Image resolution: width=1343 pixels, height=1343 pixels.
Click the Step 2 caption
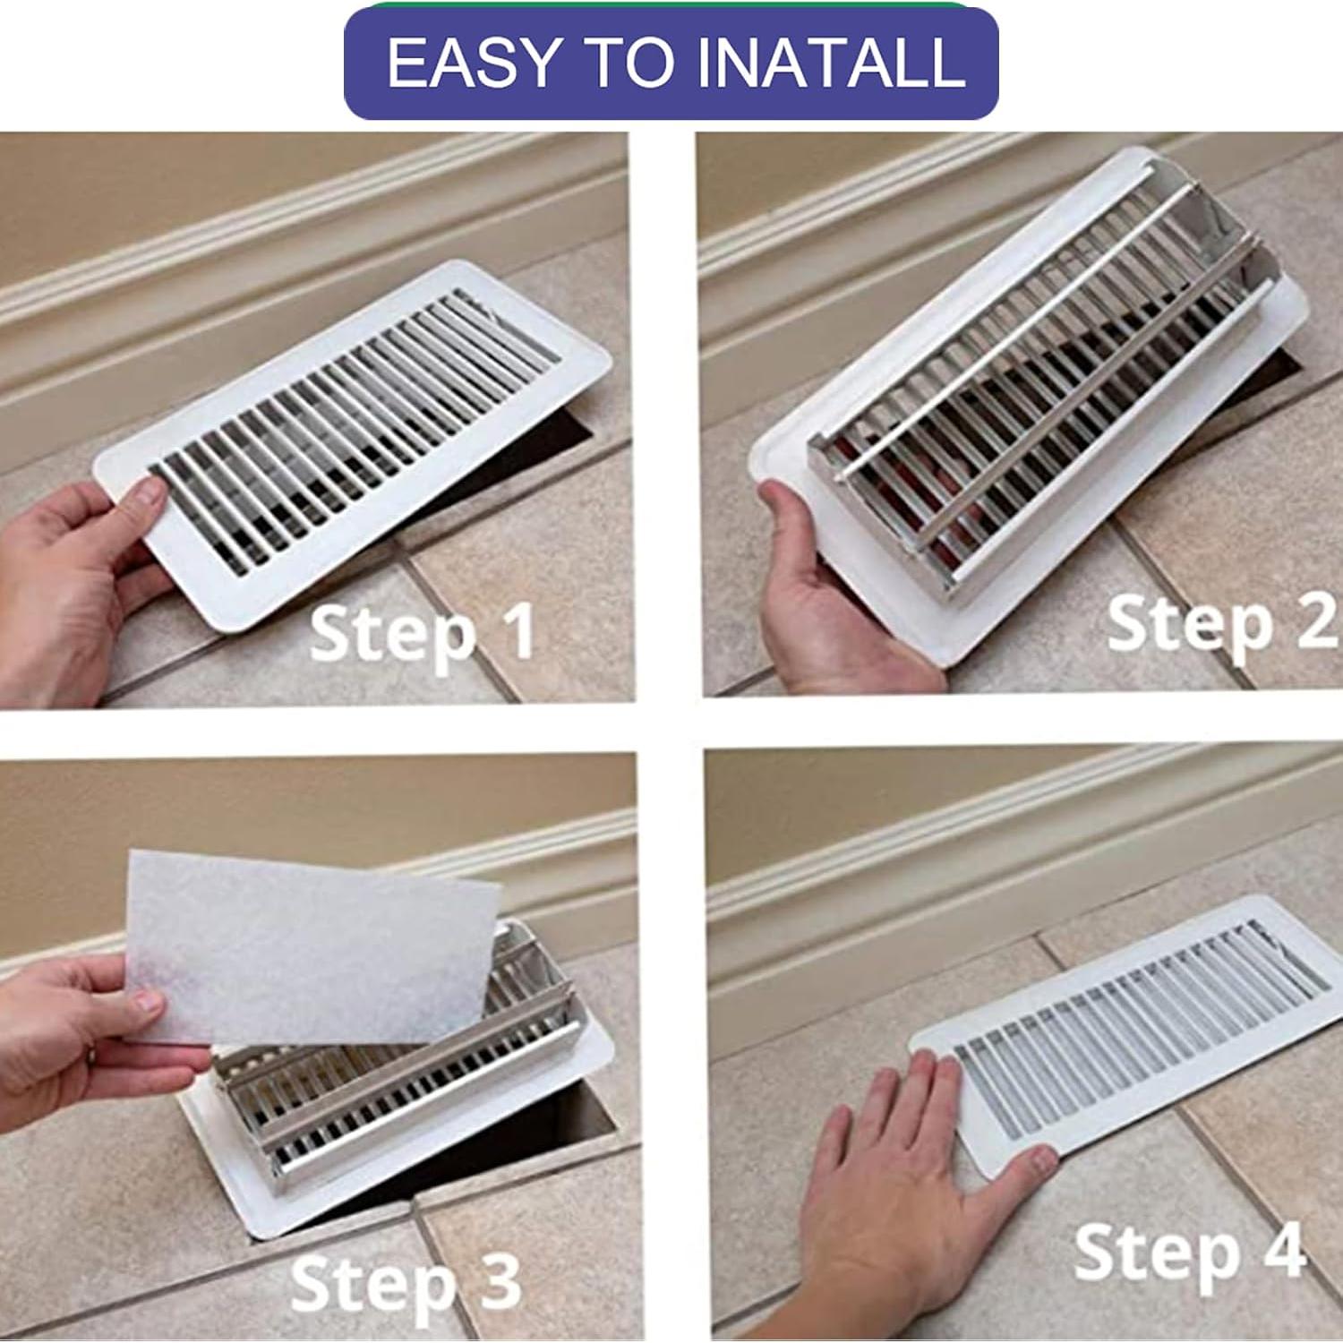tap(1221, 624)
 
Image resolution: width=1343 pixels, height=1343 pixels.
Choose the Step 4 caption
tap(1190, 1253)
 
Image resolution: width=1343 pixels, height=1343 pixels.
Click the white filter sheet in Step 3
tap(313, 949)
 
